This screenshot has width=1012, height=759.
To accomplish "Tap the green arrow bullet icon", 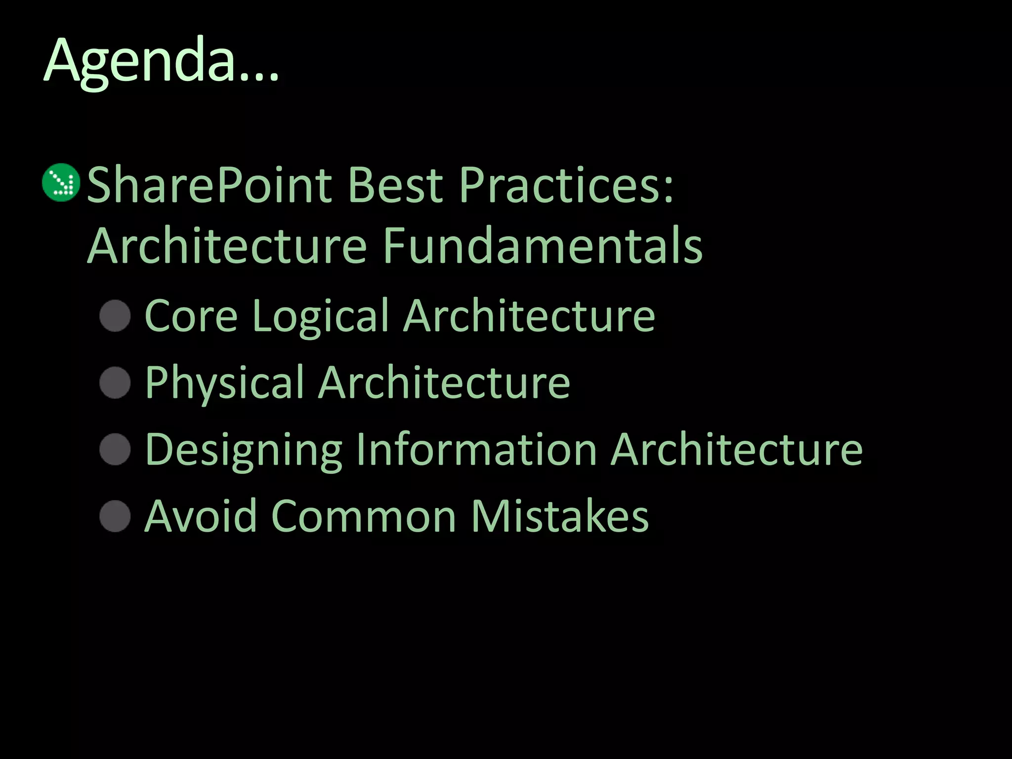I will tap(61, 182).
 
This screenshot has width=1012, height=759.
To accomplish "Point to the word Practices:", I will tap(566, 185).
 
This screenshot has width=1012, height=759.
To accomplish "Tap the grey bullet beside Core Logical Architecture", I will tap(115, 315).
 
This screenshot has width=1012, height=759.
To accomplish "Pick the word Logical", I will tap(320, 317).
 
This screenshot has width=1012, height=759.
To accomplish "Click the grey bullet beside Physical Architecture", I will tap(115, 382).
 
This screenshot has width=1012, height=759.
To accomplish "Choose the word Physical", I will tap(224, 383).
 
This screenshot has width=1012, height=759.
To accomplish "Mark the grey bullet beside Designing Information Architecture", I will tap(115, 449).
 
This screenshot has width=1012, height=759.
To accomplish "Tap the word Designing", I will tap(244, 451).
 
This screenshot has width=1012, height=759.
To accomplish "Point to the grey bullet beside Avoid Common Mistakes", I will tap(115, 516).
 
